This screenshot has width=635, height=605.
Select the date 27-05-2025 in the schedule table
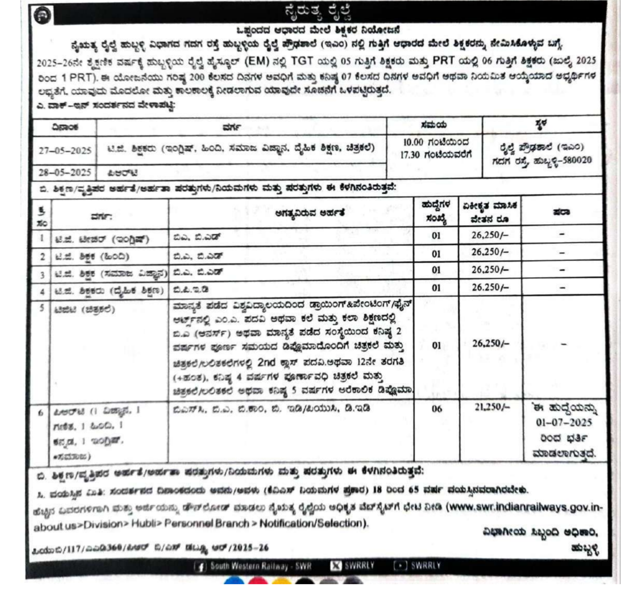tap(65, 150)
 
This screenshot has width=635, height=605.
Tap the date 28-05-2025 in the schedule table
tap(65, 172)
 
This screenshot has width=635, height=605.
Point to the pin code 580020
tap(575, 160)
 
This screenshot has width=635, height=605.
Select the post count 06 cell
tap(437, 409)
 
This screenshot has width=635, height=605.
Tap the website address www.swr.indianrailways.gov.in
tap(525, 506)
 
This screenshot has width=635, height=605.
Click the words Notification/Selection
tap(314, 523)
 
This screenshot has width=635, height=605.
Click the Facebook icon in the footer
tap(200, 566)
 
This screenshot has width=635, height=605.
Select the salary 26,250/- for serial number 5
tap(490, 343)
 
